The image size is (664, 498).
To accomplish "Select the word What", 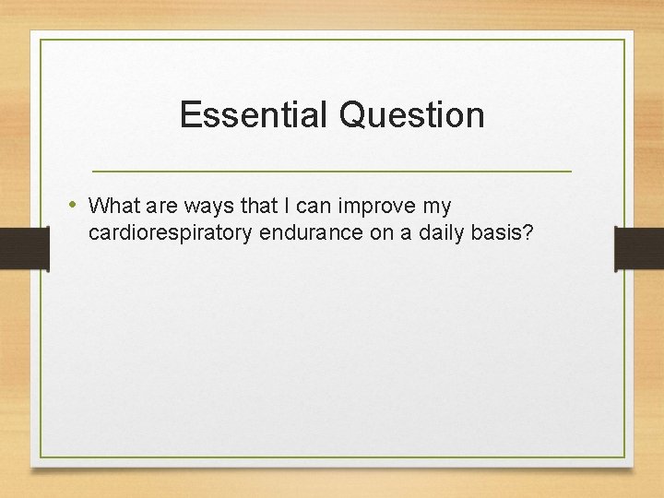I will pyautogui.click(x=113, y=206).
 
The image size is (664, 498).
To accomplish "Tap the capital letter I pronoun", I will pyautogui.click(x=290, y=206).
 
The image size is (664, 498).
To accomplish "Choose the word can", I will pyautogui.click(x=318, y=206).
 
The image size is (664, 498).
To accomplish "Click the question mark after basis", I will pyautogui.click(x=528, y=233).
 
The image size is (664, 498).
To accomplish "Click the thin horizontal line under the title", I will pyautogui.click(x=332, y=172).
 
